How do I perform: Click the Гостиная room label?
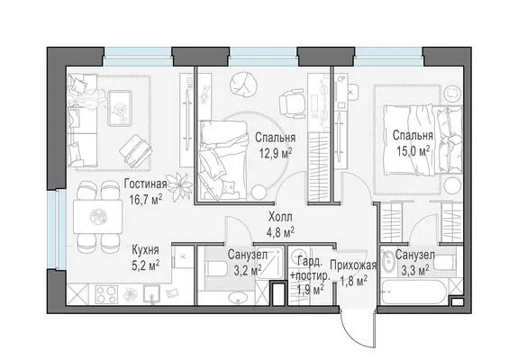[x=145, y=184]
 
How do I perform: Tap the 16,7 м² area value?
[x=146, y=200]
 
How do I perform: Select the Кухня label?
[x=145, y=250]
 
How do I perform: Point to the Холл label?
[x=280, y=218]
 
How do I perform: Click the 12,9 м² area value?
[x=276, y=153]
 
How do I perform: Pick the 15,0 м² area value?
[x=413, y=151]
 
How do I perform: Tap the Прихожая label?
[x=353, y=265]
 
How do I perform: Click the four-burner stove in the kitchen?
[x=106, y=294]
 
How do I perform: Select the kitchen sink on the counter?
[x=152, y=294]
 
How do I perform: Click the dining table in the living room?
[x=98, y=217]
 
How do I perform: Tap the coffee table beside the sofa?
[x=120, y=108]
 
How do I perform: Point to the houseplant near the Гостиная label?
[x=179, y=187]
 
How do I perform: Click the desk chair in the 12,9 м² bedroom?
[x=292, y=103]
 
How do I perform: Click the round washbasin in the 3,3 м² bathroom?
[x=388, y=261]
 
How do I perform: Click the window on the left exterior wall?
[x=53, y=229]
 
